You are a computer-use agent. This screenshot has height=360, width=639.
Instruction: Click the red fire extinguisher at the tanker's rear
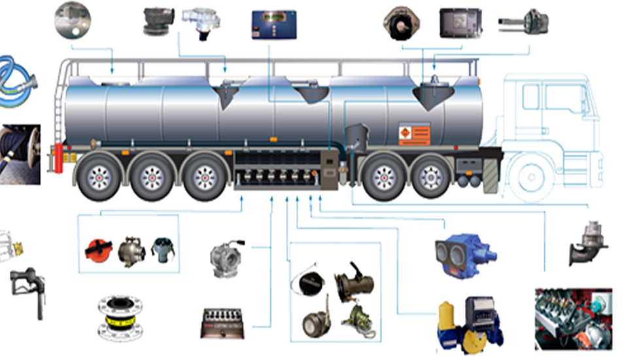coord(58,158)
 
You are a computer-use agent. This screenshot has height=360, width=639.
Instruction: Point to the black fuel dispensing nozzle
coord(29,289)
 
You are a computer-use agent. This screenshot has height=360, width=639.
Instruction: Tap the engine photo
coord(573,319)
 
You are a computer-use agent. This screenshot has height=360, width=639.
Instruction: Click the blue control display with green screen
coord(273,24)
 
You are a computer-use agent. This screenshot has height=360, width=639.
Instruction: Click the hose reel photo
coord(20,154)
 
